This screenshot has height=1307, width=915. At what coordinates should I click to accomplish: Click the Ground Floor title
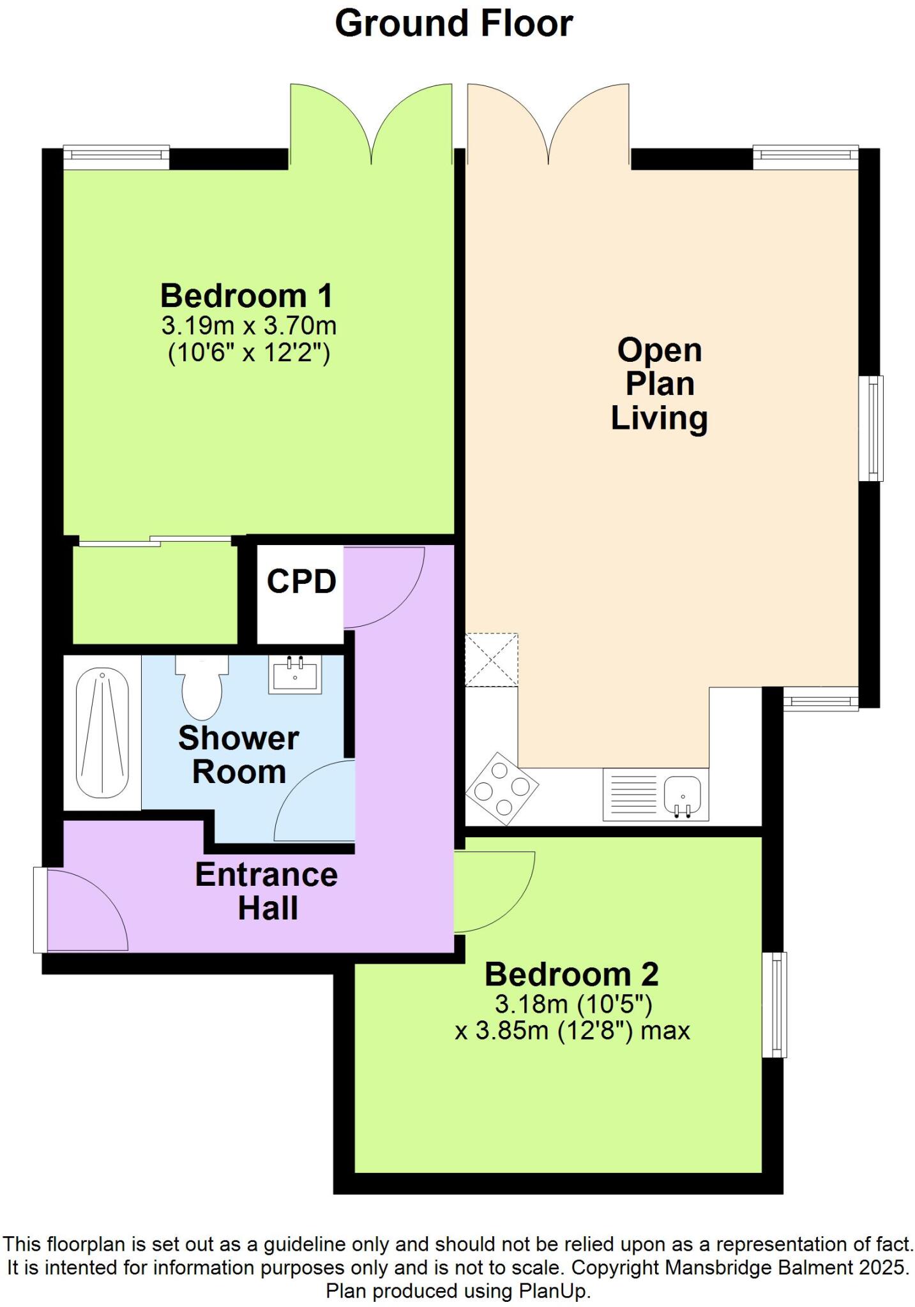(453, 24)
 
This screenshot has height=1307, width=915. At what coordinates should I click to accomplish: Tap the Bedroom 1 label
(246, 296)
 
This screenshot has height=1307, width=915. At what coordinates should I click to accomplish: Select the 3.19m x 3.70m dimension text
(248, 326)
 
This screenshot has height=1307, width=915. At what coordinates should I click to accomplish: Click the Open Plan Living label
(659, 384)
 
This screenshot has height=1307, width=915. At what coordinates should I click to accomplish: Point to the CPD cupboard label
(301, 581)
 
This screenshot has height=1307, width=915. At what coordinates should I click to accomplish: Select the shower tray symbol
(102, 733)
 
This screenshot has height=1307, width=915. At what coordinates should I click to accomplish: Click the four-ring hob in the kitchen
(502, 789)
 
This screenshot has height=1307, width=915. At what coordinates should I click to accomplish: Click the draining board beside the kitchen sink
(632, 795)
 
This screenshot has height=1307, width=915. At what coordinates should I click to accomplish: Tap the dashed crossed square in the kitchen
(491, 660)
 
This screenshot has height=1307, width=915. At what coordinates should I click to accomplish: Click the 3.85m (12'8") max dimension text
(572, 1031)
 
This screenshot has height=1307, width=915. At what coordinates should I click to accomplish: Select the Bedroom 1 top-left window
(116, 158)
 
